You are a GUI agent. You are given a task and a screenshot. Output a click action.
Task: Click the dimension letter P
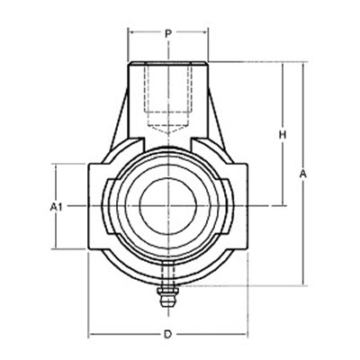pyautogui.click(x=168, y=33)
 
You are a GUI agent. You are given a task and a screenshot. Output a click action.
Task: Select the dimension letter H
pyautogui.click(x=282, y=135)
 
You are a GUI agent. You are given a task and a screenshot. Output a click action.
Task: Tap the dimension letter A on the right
pyautogui.click(x=304, y=173)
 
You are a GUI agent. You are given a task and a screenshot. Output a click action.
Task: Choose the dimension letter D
pyautogui.click(x=167, y=335)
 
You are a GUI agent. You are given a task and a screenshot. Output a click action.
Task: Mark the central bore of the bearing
pyautogui.click(x=167, y=205)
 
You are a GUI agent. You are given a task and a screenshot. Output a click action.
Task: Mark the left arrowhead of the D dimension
pyautogui.click(x=90, y=335)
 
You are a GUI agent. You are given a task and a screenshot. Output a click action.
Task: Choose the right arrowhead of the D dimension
pyautogui.click(x=243, y=335)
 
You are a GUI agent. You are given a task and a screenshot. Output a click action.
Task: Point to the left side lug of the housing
pyautogui.click(x=98, y=205)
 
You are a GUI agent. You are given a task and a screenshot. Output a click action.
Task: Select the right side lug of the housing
pyautogui.click(x=237, y=205)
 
